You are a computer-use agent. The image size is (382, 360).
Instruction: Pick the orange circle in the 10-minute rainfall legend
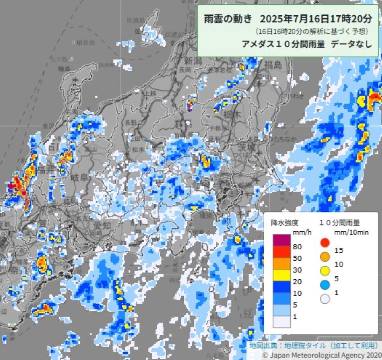coord(325,257)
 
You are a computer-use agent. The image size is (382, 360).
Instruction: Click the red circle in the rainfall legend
coord(325,243)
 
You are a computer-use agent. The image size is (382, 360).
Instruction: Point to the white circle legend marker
coord(325,299)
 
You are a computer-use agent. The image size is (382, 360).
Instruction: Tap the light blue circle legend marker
coord(325,285)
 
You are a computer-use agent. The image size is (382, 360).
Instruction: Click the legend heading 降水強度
coord(285,222)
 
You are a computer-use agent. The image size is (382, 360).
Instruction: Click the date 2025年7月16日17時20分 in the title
coord(313,20)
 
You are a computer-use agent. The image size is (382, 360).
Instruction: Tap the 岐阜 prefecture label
coord(78,178)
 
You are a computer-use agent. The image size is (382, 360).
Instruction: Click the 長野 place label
coord(131,123)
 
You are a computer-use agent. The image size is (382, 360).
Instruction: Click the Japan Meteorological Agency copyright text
coord(320,355)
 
